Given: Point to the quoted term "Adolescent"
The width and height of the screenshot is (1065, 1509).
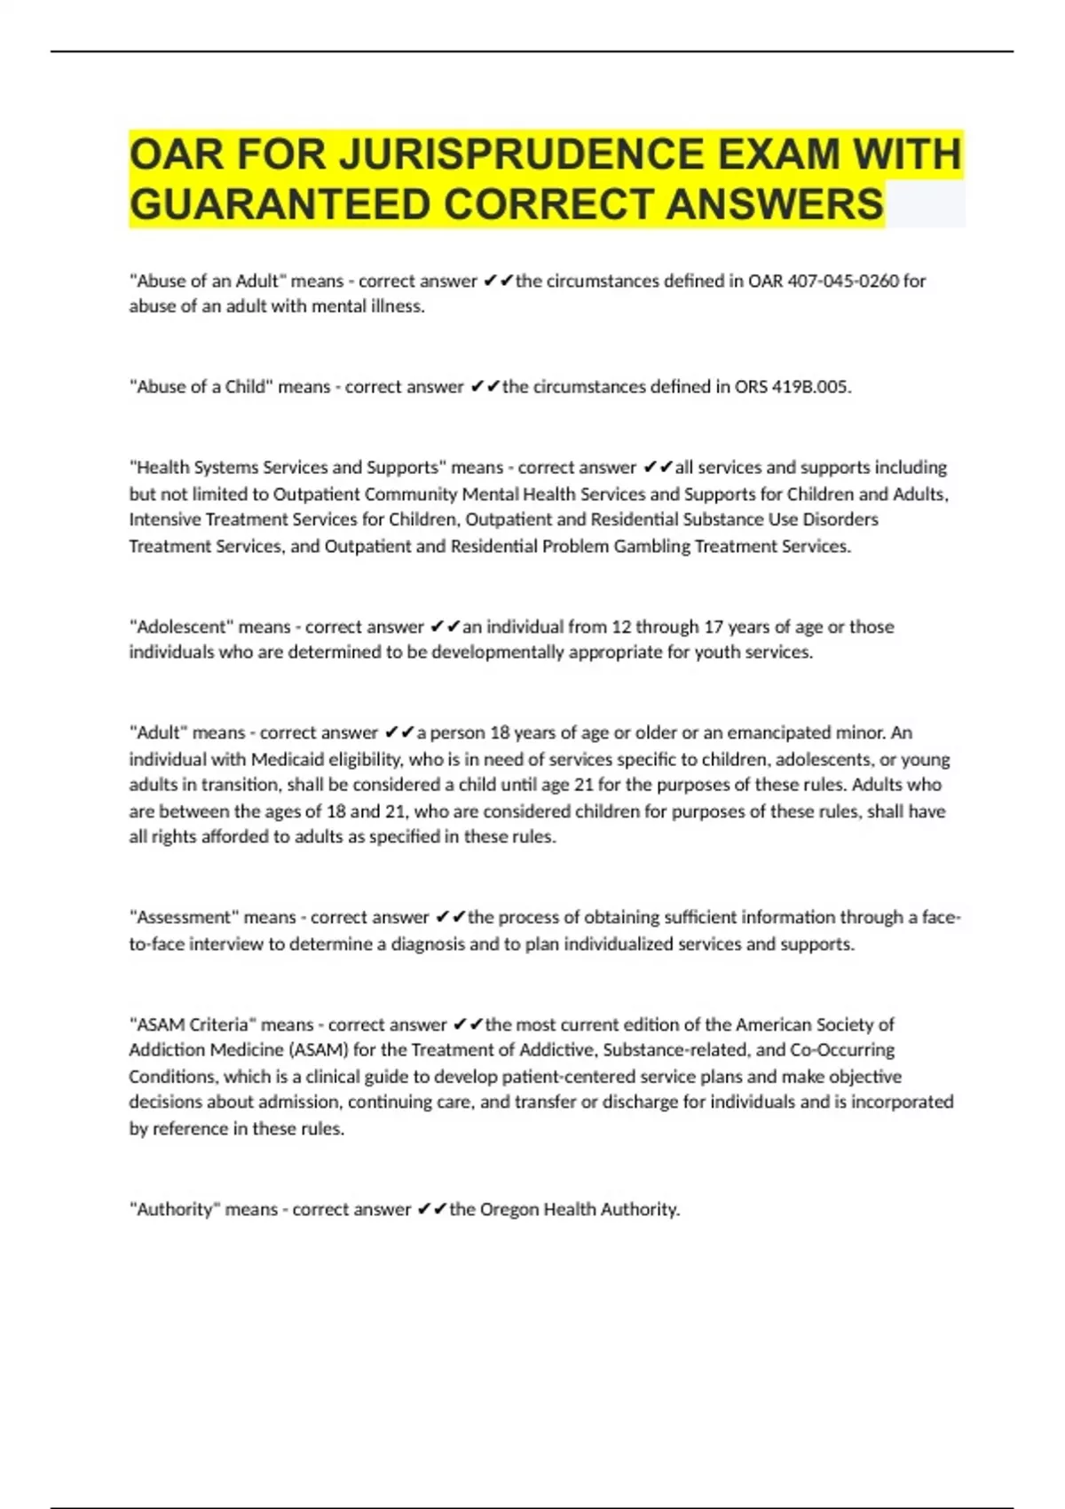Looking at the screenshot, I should [x=182, y=627].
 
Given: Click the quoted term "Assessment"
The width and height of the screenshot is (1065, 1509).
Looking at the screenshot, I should [x=185, y=917].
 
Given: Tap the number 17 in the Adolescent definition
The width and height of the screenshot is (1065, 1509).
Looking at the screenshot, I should [x=714, y=627].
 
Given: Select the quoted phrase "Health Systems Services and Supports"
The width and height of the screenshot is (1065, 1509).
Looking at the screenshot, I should [x=288, y=468].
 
